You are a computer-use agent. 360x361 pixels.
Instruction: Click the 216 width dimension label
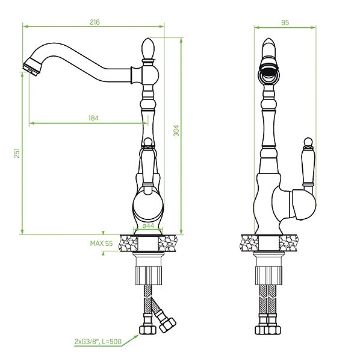pyautogui.click(x=95, y=22)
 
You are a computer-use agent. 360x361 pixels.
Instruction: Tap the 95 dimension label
pyautogui.click(x=285, y=22)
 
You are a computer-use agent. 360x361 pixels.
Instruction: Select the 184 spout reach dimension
pyautogui.click(x=93, y=118)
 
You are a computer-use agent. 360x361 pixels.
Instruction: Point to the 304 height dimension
pyautogui.click(x=176, y=131)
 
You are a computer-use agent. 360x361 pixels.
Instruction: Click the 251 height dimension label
pyautogui.click(x=17, y=153)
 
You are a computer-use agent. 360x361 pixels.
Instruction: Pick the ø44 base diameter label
pyautogui.click(x=148, y=226)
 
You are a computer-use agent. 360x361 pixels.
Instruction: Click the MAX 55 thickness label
pyautogui.click(x=102, y=243)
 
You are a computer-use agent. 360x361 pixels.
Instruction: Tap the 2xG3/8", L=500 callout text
pyautogui.click(x=98, y=342)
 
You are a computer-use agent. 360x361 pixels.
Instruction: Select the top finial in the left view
pyautogui.click(x=148, y=49)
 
